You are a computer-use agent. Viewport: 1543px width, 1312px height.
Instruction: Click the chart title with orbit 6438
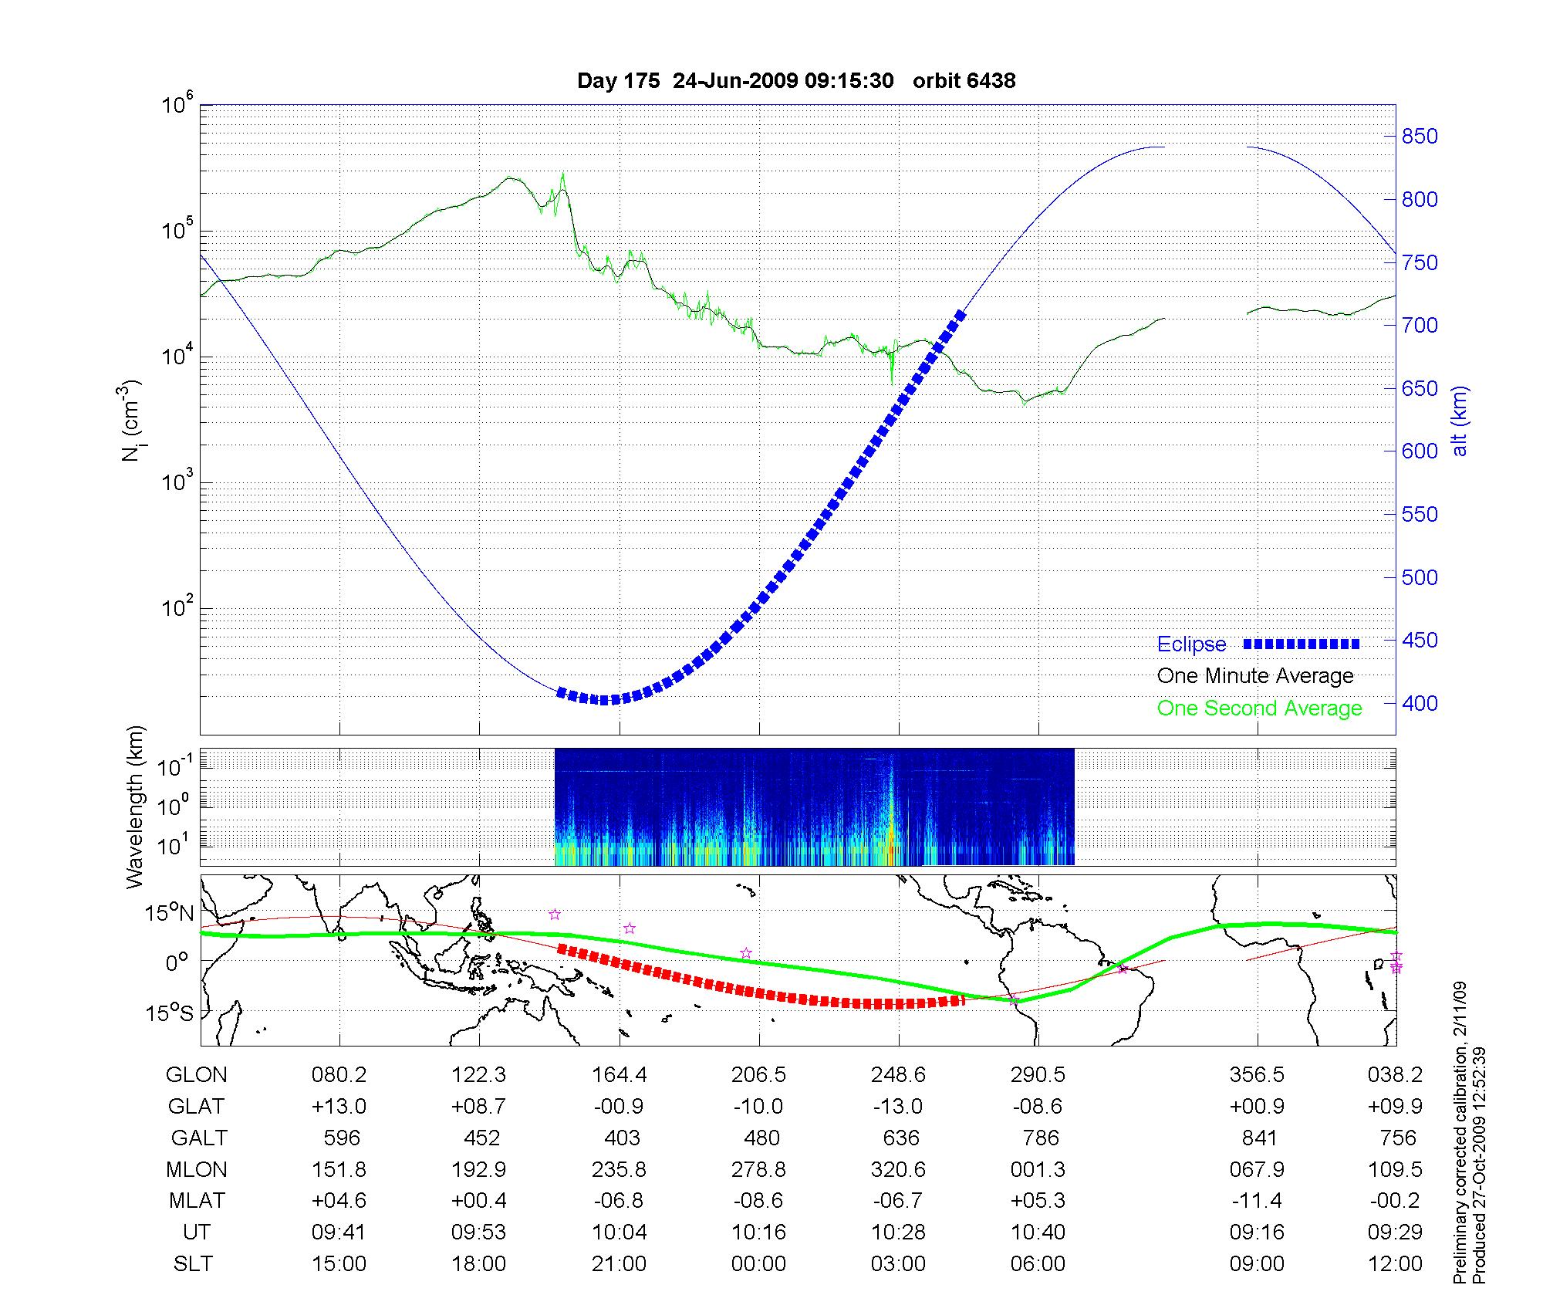coord(796,80)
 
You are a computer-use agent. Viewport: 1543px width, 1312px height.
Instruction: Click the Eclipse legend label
coord(1191,644)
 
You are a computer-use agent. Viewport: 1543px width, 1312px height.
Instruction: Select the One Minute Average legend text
coord(1255,676)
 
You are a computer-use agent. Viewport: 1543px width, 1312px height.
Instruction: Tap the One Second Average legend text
coord(1259,708)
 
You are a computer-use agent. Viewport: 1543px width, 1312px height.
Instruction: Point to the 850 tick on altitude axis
coord(1420,137)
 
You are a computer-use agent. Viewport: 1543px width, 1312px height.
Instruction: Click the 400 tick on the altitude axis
coord(1420,703)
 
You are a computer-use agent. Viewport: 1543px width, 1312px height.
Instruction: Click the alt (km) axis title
coord(1460,421)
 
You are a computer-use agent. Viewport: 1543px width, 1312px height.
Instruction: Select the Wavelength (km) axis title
coord(135,806)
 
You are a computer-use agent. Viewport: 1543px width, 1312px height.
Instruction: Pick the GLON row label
coord(197,1075)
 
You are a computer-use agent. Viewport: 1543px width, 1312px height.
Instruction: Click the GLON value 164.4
coord(619,1075)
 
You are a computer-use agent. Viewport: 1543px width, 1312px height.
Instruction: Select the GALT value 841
coord(1259,1138)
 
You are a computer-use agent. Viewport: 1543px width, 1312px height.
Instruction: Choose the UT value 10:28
coord(898,1233)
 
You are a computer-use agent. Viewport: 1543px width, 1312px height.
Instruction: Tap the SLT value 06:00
coord(1038,1264)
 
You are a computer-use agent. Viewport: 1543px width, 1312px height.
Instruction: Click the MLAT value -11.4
coord(1258,1201)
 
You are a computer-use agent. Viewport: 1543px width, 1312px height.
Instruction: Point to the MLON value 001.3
coord(1038,1170)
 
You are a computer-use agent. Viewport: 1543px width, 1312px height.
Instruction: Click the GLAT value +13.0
coord(339,1107)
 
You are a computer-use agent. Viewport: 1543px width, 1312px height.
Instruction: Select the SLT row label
coord(193,1264)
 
